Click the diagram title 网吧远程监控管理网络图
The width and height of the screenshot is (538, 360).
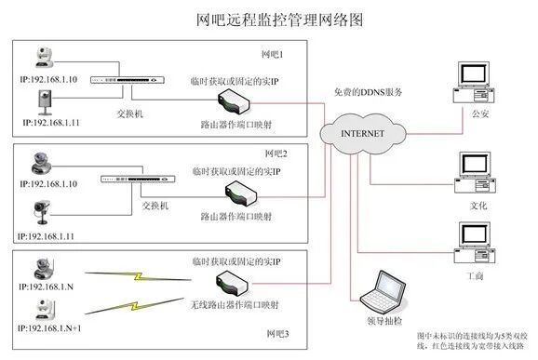pos(269,18)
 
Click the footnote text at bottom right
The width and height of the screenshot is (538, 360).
pos(471,340)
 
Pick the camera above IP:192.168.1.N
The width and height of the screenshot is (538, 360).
pos(43,268)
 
